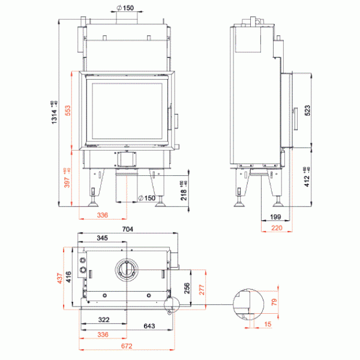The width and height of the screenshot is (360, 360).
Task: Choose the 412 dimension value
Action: tap(307, 178)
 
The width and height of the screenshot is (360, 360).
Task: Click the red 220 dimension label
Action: tap(275, 227)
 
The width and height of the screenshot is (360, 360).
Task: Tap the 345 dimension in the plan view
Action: tap(103, 238)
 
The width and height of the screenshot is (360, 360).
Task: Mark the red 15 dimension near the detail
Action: tap(267, 325)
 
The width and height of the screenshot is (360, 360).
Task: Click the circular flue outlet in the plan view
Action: tap(127, 269)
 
